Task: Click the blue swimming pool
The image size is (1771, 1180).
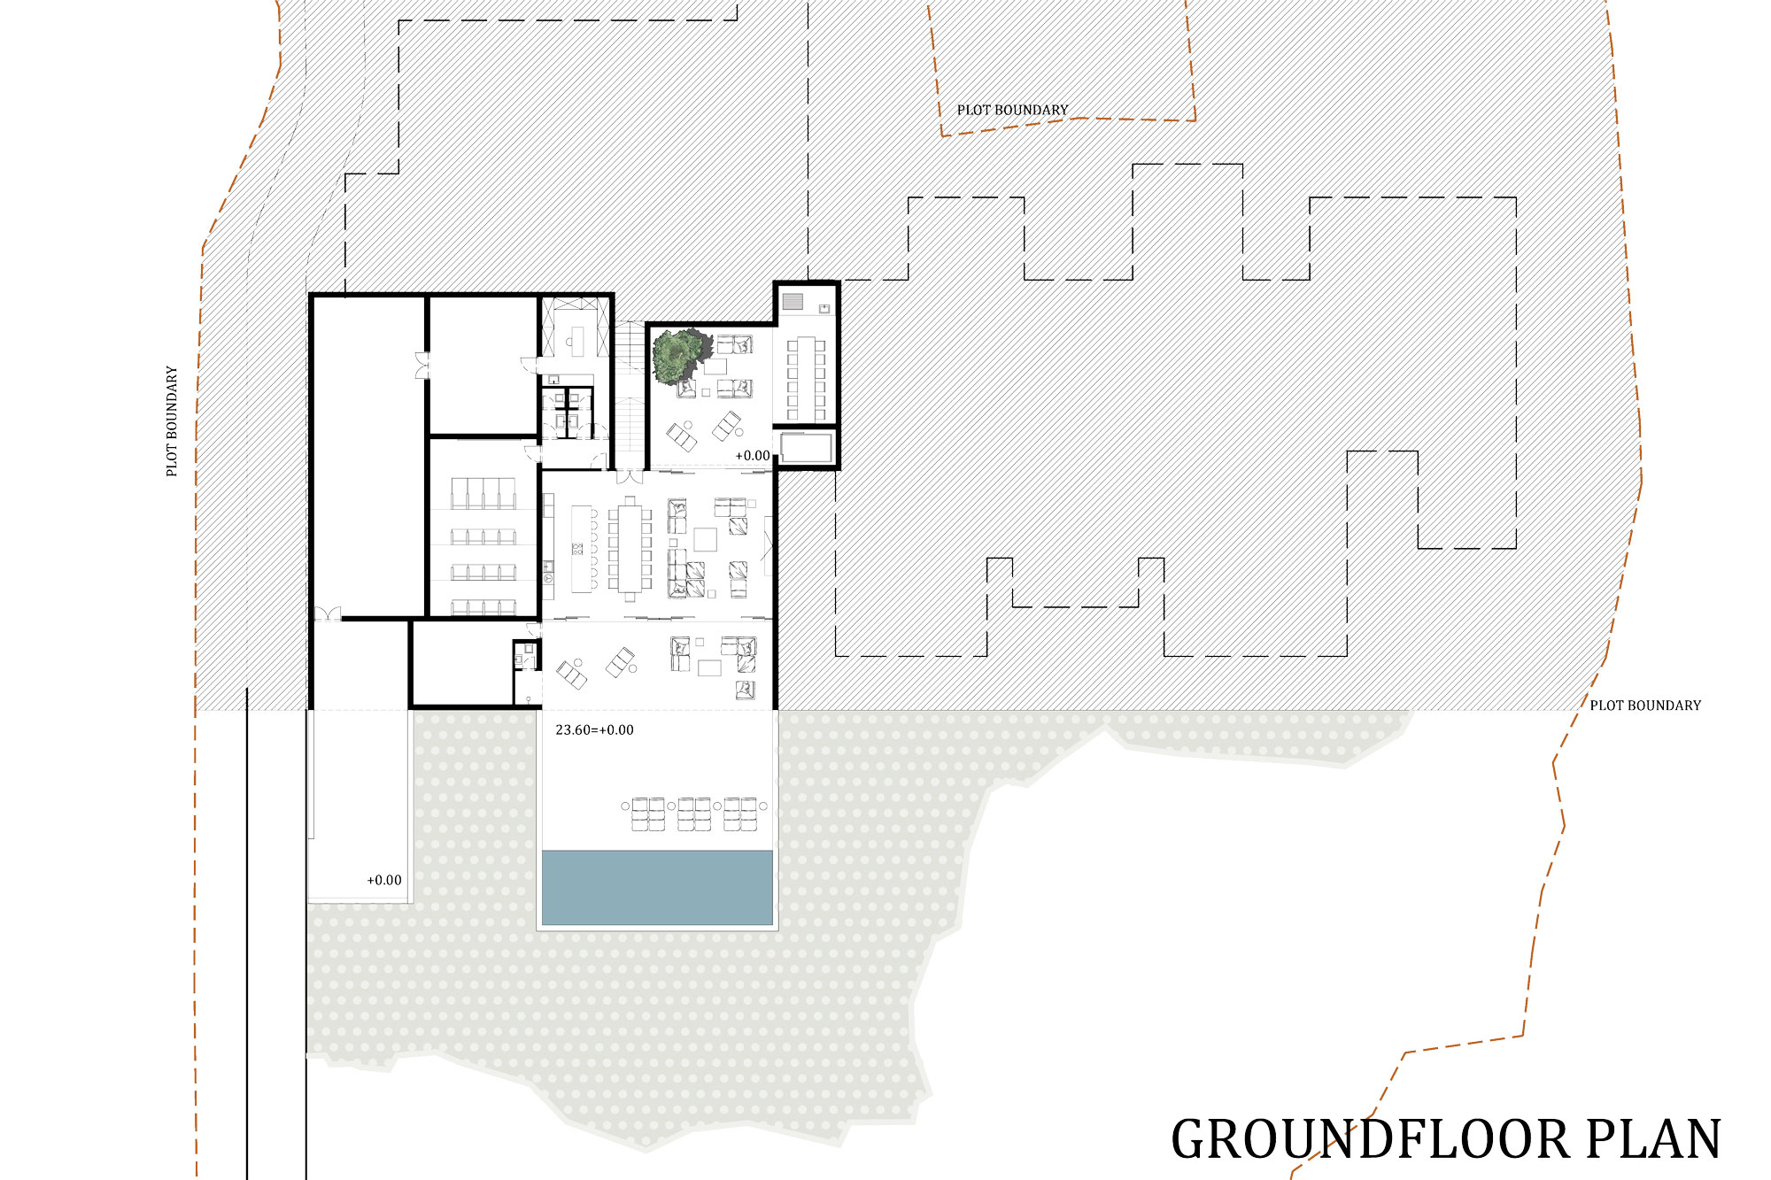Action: (x=657, y=888)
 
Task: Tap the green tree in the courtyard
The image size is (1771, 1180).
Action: (x=680, y=355)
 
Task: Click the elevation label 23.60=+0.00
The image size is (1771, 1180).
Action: (x=594, y=730)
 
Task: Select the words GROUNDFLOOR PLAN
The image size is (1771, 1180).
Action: (x=1446, y=1139)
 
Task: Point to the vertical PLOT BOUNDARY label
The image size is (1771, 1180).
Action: (x=172, y=421)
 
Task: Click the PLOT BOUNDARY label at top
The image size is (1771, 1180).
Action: (x=1012, y=110)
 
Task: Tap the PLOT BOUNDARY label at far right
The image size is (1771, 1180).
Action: (x=1645, y=706)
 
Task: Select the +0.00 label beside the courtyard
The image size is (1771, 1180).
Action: (x=753, y=456)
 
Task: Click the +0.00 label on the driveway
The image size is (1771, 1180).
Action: (x=384, y=880)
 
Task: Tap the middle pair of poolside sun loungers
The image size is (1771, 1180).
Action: (x=694, y=814)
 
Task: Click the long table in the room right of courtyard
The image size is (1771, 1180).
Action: (x=806, y=379)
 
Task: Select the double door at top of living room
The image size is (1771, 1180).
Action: (x=630, y=476)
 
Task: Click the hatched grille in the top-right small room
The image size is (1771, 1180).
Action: (x=793, y=301)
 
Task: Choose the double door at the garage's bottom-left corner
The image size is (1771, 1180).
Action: (x=328, y=613)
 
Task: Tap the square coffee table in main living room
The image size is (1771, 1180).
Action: (x=705, y=539)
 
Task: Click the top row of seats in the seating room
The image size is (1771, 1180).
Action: (x=483, y=492)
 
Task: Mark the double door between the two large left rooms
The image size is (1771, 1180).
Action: (x=421, y=366)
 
